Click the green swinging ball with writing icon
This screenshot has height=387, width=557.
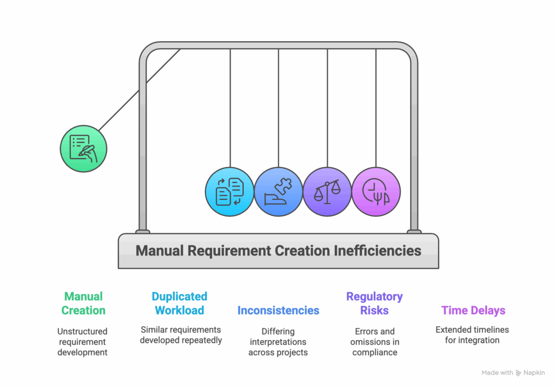click(x=83, y=148)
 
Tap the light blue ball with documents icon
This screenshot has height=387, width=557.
click(x=229, y=192)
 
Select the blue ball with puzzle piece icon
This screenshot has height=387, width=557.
click(x=278, y=192)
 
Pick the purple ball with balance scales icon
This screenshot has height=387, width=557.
click(x=327, y=192)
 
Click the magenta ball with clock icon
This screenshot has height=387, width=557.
click(x=376, y=192)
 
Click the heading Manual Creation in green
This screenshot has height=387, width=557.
click(x=83, y=304)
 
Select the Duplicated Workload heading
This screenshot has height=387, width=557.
click(x=179, y=304)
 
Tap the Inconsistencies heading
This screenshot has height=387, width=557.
click(x=278, y=311)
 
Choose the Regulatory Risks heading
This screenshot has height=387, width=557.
click(x=374, y=304)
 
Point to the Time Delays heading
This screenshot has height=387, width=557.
click(x=473, y=311)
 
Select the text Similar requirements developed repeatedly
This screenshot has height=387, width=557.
click(x=180, y=335)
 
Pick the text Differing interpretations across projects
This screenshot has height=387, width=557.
click(x=278, y=342)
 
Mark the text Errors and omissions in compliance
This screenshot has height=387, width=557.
click(x=374, y=342)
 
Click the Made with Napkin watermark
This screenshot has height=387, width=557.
click(x=513, y=373)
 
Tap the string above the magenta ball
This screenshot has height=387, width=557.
click(x=376, y=108)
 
